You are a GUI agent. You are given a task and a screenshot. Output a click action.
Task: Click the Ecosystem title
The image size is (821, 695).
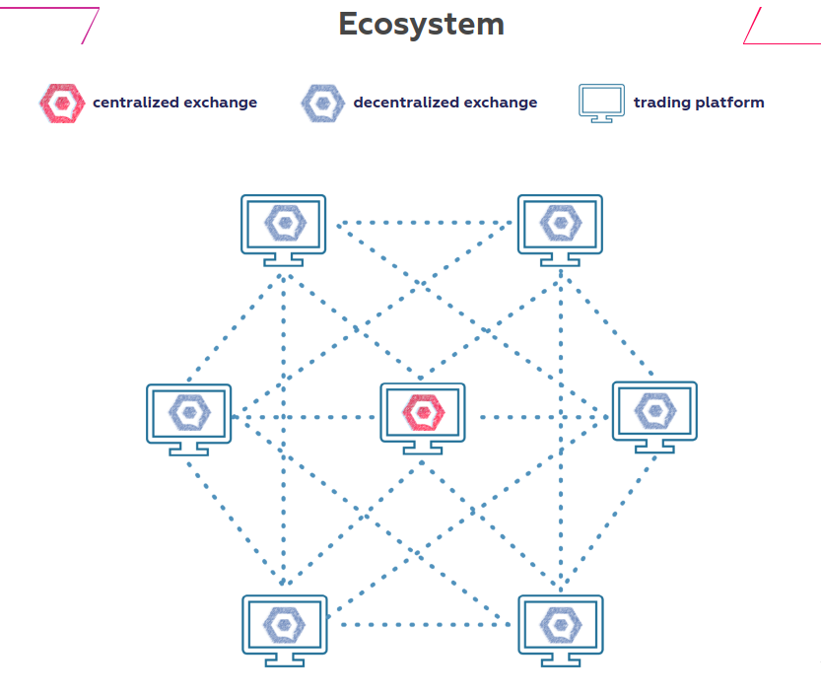pyautogui.click(x=422, y=24)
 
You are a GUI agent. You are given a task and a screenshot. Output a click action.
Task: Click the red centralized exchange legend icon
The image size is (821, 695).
pyautogui.click(x=62, y=104)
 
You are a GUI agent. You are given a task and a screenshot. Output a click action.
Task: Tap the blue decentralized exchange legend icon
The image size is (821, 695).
pyautogui.click(x=323, y=104)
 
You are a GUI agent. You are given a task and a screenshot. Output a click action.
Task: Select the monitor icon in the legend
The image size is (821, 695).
pyautogui.click(x=601, y=104)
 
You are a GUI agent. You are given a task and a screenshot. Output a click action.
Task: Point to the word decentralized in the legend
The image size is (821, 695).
pyautogui.click(x=399, y=103)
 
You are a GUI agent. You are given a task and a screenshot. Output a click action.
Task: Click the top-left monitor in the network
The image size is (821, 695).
pyautogui.click(x=283, y=231)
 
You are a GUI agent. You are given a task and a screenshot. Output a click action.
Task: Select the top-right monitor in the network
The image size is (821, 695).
pyautogui.click(x=560, y=231)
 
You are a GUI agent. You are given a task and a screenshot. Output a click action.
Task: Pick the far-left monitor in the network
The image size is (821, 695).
pyautogui.click(x=188, y=420)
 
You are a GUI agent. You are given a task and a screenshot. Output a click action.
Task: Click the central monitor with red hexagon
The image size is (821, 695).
pyautogui.click(x=423, y=418)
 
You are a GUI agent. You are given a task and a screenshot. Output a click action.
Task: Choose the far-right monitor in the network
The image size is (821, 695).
pyautogui.click(x=654, y=417)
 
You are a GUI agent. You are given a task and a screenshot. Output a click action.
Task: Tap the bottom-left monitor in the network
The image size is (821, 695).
pyautogui.click(x=285, y=631)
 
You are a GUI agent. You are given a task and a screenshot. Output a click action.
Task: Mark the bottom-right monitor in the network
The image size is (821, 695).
pyautogui.click(x=561, y=631)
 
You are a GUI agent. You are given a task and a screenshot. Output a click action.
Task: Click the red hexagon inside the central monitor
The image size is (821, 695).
pyautogui.click(x=423, y=413)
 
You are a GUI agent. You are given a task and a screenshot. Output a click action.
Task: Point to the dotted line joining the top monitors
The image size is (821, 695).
pyautogui.click(x=424, y=223)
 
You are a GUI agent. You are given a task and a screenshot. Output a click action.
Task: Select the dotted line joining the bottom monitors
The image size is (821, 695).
pyautogui.click(x=424, y=624)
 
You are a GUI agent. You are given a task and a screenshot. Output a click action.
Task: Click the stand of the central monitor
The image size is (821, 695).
pyautogui.click(x=423, y=448)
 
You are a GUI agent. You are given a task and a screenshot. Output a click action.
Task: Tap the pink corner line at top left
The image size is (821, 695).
pyautogui.click(x=90, y=26)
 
